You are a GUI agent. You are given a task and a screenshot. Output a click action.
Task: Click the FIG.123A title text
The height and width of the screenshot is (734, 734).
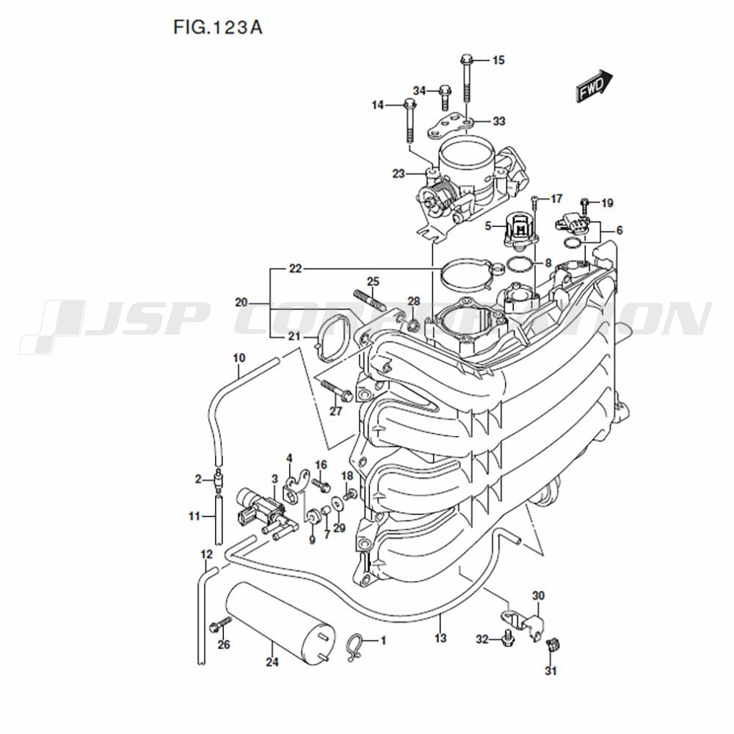pos(218,28)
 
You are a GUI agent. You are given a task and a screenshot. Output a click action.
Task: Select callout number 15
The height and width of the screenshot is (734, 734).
pos(498,60)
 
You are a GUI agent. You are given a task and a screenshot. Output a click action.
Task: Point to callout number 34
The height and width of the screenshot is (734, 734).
pos(419,90)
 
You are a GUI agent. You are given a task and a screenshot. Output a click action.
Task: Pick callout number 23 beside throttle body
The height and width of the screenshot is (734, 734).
pos(399,174)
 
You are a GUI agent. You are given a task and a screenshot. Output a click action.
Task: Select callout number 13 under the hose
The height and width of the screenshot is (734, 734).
pos(440,638)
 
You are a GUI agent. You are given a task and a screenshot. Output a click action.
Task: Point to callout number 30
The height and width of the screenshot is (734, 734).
pos(538,596)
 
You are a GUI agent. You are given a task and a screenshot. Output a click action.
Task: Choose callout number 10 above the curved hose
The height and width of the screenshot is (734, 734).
pos(239,358)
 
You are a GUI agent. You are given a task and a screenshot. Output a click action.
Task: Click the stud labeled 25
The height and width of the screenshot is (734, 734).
pos(369,300)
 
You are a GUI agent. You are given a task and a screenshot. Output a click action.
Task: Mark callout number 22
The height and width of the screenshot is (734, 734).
pos(295,269)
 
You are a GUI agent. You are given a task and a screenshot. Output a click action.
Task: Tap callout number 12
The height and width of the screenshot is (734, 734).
pos(206,555)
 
